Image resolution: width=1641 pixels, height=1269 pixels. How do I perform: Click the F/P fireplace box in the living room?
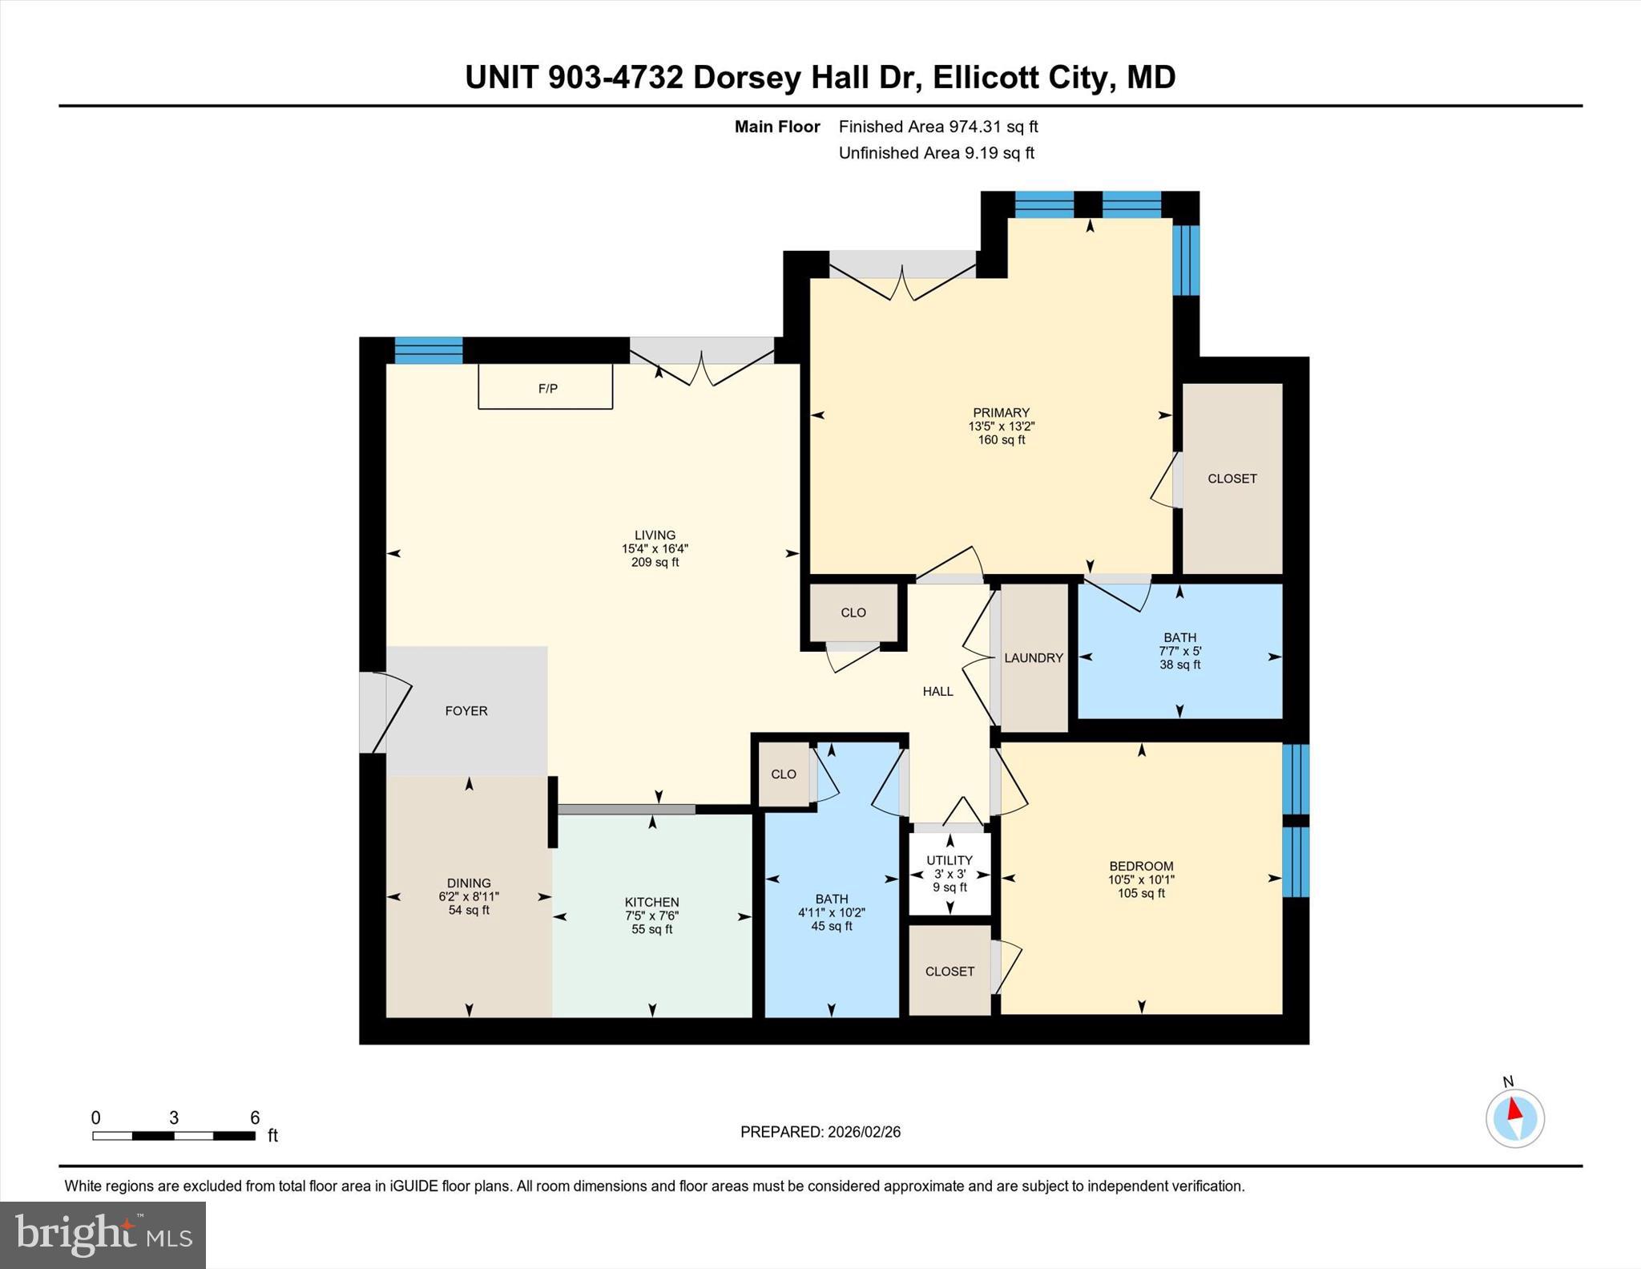546,387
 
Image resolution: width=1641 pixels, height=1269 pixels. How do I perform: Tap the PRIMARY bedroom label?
1001,426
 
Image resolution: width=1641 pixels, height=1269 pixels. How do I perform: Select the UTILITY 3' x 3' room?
950,873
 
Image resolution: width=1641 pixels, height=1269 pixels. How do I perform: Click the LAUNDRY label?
1034,657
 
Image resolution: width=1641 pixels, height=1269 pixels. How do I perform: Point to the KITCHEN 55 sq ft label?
651,915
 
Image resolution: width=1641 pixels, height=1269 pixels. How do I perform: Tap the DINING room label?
469,896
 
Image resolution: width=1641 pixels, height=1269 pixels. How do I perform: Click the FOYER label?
466,711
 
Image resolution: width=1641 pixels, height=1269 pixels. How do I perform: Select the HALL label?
937,691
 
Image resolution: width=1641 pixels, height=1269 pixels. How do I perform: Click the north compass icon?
1514,1117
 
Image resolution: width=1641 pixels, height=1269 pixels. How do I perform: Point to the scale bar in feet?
174,1134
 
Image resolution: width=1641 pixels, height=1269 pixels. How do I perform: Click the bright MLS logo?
103,1234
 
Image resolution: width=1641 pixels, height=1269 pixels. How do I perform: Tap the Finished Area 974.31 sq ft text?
937,127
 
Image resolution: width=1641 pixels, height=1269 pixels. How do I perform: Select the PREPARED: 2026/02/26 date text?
820,1132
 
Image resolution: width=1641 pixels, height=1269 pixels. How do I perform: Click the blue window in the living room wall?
429,350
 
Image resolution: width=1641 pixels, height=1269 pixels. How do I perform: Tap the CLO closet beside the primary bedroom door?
853,612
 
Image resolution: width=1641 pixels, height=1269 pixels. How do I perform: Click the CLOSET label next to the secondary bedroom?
950,971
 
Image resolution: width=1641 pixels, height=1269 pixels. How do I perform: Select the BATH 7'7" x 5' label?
1179,651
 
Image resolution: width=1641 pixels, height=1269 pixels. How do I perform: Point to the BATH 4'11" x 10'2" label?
831,912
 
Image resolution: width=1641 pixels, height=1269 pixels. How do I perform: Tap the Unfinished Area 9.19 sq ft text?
936,153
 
